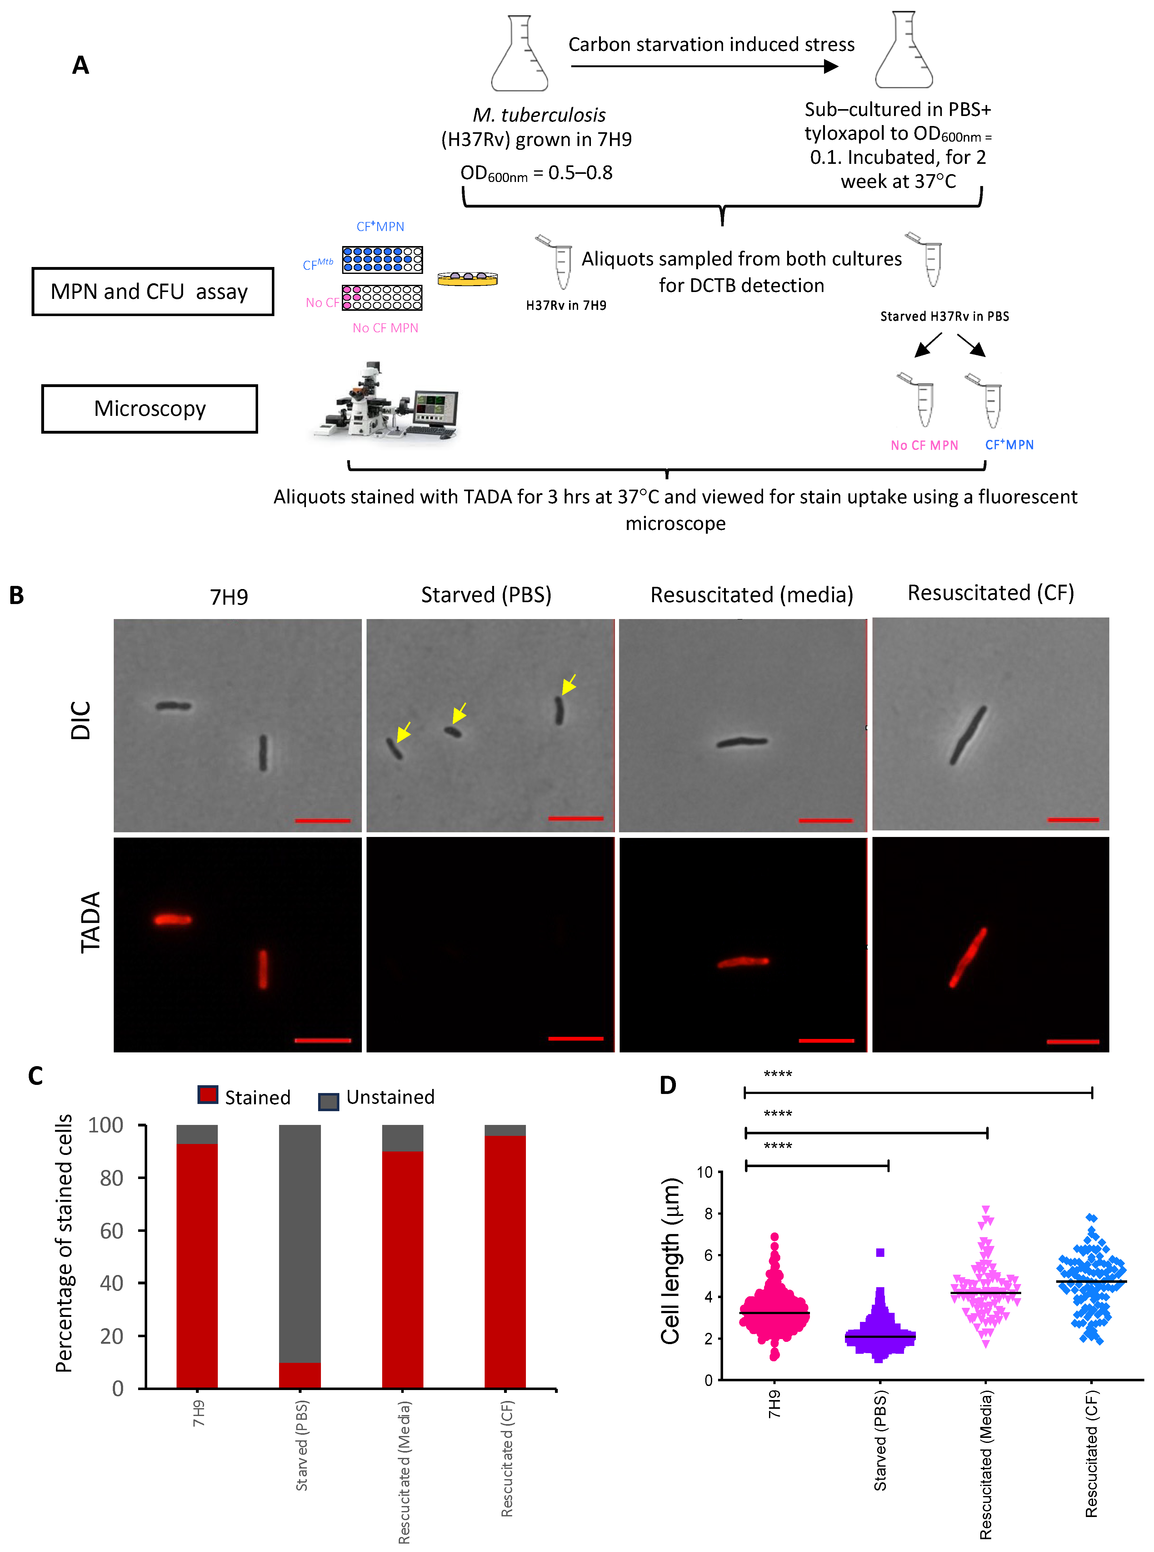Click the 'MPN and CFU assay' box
click(x=152, y=291)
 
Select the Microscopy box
click(x=149, y=409)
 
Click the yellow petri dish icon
click(x=467, y=278)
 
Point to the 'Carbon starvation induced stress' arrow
click(x=704, y=66)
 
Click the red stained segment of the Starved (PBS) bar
click(x=300, y=1374)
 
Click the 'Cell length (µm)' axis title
click(x=671, y=1261)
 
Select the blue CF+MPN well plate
click(x=382, y=259)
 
